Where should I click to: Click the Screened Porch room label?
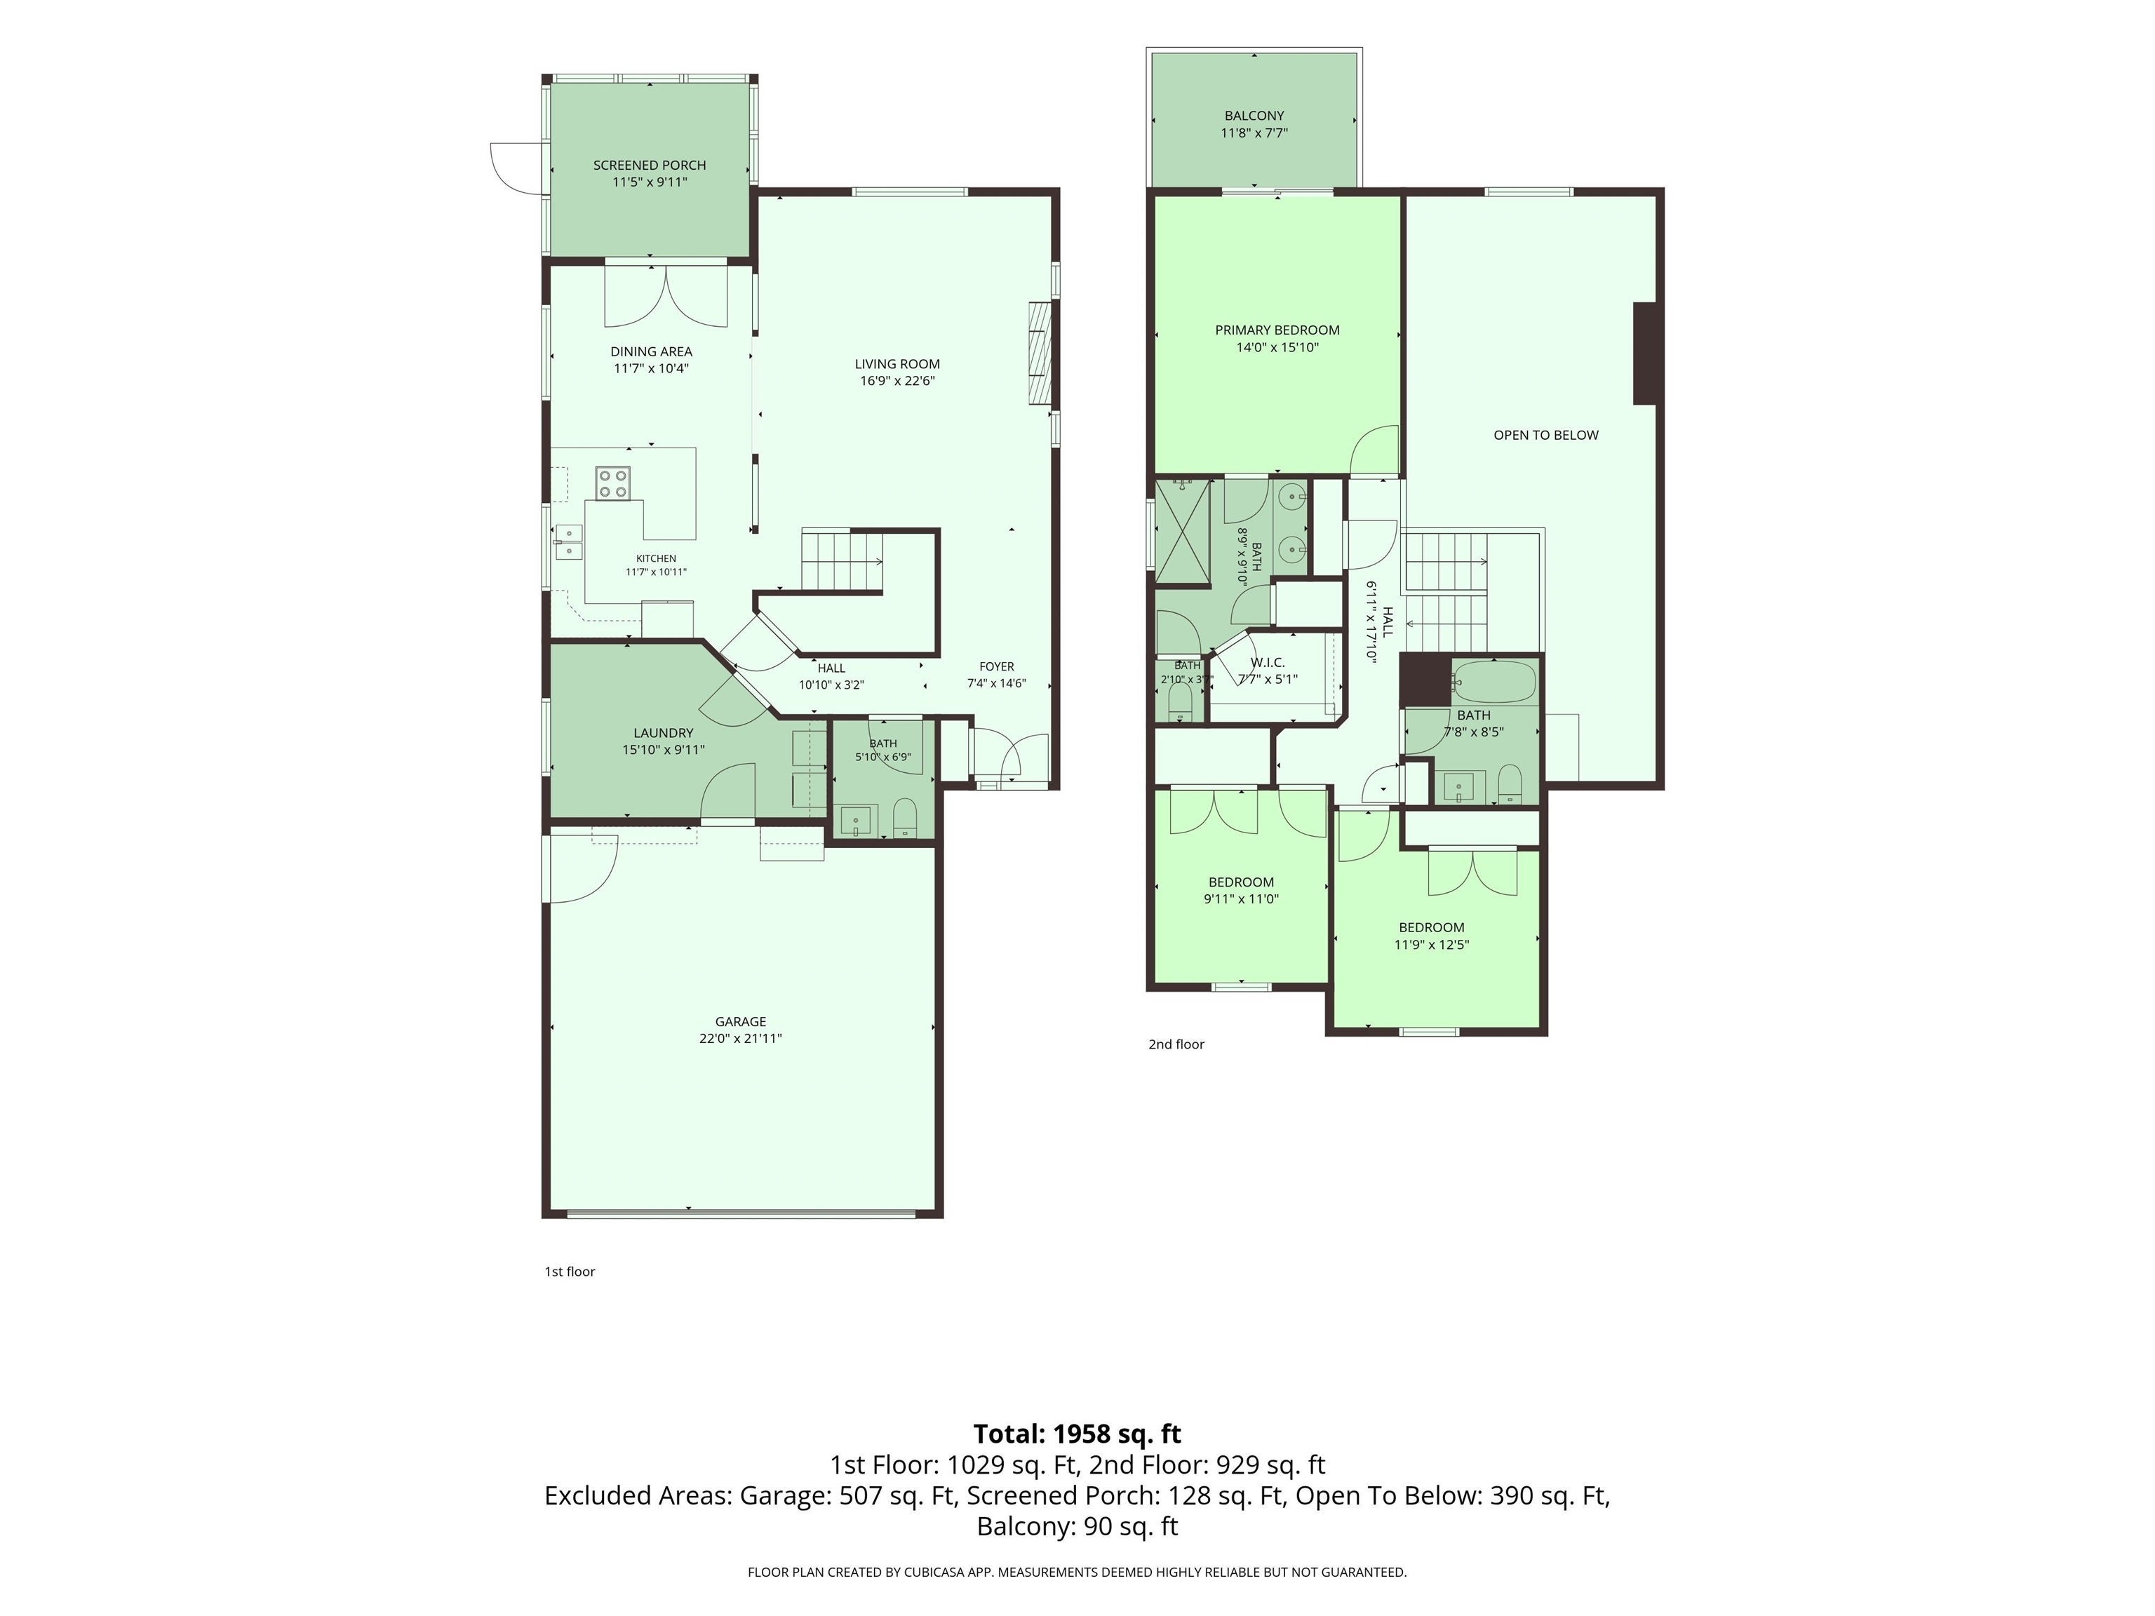coord(650,166)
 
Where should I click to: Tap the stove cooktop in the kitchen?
coord(614,483)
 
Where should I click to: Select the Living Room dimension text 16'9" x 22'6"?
coord(897,381)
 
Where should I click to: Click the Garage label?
coord(740,1022)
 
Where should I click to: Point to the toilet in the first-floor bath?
coord(905,819)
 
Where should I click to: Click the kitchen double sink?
coord(569,541)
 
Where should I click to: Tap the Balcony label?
coord(1255,116)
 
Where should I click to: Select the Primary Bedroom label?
coord(1277,330)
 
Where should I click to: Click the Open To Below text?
coord(1546,436)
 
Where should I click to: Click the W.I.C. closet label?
coord(1268,662)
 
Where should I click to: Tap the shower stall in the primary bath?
coord(1182,531)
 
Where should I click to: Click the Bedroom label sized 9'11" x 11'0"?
coord(1241,882)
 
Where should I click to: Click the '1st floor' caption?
coord(570,1271)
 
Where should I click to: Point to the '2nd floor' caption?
coord(1177,1044)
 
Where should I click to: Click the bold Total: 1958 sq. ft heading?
coord(1077,1434)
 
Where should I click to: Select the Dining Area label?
coord(652,351)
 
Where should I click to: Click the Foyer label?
coord(997,667)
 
